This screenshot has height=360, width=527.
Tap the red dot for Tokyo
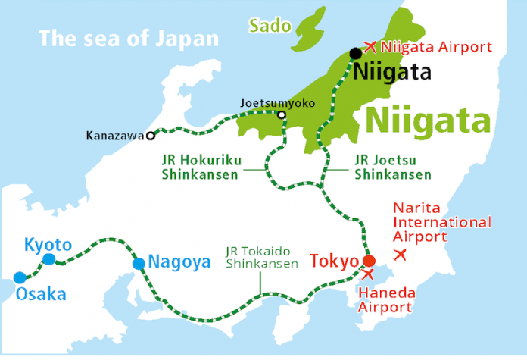(x=369, y=261)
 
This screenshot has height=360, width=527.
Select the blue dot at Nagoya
(x=139, y=264)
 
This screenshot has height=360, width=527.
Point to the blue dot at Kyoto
(x=49, y=259)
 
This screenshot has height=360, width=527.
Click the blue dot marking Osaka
(x=19, y=277)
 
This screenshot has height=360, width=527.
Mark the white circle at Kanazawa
(x=151, y=136)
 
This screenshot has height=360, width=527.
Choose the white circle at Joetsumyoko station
(x=282, y=116)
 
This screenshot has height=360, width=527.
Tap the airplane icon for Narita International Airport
(x=401, y=254)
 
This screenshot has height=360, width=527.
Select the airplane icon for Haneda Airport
(x=369, y=274)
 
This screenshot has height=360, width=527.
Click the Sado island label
(x=270, y=27)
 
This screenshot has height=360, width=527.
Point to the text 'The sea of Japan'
(x=129, y=38)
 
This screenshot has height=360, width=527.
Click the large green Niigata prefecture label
(x=428, y=120)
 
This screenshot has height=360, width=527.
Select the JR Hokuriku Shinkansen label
(x=200, y=167)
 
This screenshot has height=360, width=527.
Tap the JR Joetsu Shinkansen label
(x=392, y=167)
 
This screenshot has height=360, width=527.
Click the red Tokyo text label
(x=334, y=262)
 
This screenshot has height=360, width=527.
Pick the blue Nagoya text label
(x=179, y=263)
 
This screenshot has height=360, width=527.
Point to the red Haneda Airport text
(x=385, y=301)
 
